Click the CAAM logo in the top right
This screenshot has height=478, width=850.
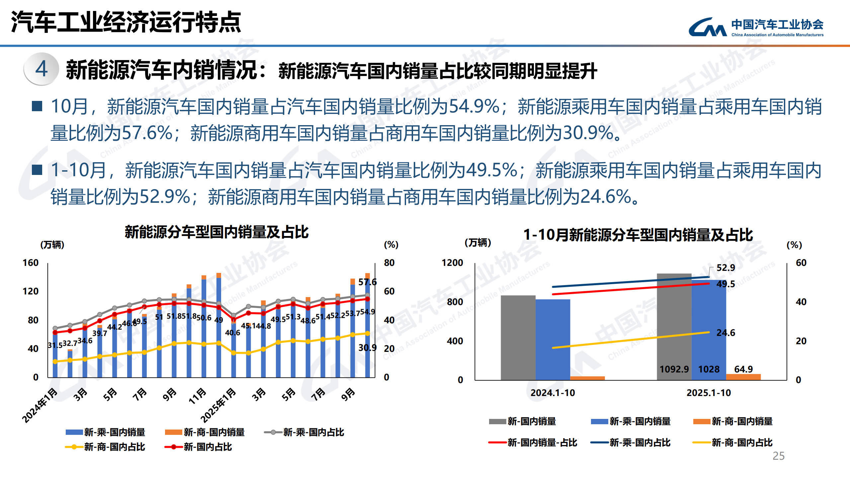(756, 27)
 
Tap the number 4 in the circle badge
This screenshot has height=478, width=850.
(42, 69)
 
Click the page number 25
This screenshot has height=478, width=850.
(778, 456)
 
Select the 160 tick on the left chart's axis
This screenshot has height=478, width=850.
(31, 263)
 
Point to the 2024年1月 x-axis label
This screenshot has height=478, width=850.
(40, 406)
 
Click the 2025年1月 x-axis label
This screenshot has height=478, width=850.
(218, 406)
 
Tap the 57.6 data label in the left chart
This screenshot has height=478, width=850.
(367, 282)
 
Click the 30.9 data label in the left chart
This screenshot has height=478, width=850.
(367, 348)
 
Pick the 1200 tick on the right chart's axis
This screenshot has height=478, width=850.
(452, 263)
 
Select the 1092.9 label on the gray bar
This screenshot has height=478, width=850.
(674, 369)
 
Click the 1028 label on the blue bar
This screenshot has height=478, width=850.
(709, 369)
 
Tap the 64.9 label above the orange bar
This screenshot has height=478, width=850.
(743, 369)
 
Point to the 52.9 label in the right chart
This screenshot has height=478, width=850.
(725, 268)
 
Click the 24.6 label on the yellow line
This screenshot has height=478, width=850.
(725, 333)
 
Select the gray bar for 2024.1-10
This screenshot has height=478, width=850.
(518, 337)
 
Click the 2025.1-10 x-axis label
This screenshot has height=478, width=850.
(709, 393)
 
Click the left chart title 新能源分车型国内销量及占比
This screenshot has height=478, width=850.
(216, 232)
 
